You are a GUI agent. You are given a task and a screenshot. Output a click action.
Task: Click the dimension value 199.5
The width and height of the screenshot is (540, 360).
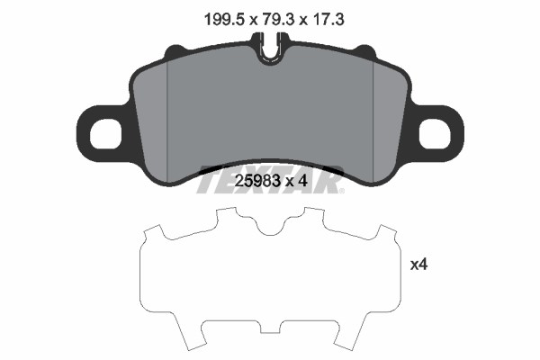point(224,20)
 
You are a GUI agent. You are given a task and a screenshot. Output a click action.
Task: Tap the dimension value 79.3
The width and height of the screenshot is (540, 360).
point(278,20)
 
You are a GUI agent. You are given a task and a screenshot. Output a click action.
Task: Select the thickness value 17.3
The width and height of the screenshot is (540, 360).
point(328,20)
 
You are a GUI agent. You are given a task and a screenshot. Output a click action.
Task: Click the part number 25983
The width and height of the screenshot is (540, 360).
point(256,181)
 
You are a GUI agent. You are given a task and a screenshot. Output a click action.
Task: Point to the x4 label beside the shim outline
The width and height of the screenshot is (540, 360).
point(418,265)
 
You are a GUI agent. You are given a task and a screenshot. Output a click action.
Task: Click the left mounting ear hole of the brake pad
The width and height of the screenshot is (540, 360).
point(105,134)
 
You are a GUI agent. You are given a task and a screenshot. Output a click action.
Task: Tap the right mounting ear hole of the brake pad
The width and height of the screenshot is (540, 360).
point(435,134)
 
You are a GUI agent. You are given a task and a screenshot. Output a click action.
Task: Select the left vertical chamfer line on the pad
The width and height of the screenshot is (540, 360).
point(166,121)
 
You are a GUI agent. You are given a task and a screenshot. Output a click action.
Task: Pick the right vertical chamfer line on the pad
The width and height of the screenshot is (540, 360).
point(373,121)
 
